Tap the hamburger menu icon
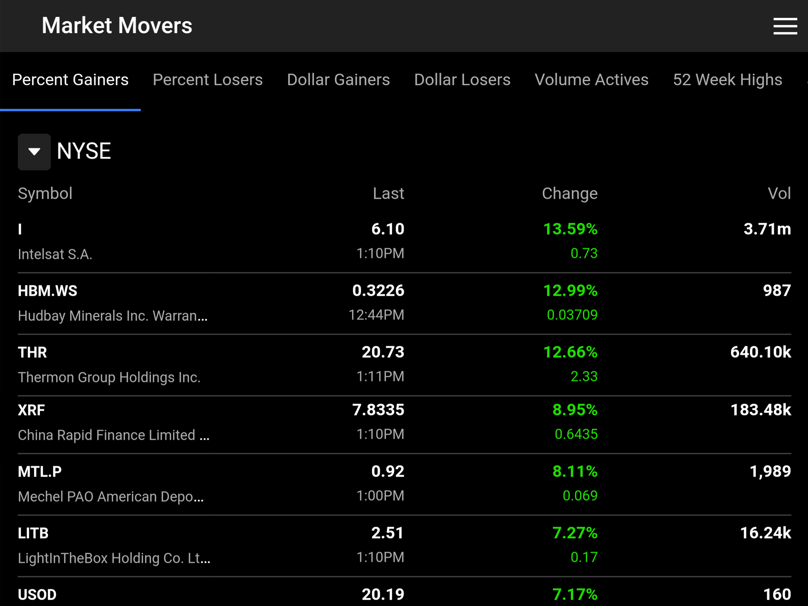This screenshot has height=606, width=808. coord(785,26)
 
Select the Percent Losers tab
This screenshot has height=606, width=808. coord(208,80)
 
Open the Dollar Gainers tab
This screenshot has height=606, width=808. coord(338,80)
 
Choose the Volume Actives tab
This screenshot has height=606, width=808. coord(591,80)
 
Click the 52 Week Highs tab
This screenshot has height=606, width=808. coord(727,80)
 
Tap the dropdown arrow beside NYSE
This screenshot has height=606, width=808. coord(34,151)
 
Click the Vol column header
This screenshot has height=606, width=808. coord(779,193)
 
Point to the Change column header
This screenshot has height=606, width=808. coord(569,193)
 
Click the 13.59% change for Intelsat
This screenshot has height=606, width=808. coord(570,229)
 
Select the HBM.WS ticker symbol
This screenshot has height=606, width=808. coord(48,291)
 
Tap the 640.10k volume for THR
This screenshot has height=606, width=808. coord(760,352)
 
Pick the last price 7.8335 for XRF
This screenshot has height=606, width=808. coord(378,410)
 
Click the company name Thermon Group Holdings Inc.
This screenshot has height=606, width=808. coord(109,377)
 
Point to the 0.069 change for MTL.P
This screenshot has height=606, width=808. coord(580,496)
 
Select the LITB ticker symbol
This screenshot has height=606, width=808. coord(33,533)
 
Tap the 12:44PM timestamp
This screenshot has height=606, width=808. coord(376,315)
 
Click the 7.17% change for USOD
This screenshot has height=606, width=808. coord(574,594)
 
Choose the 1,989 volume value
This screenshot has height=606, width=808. coord(770,471)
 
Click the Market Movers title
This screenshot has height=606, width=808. coord(117,26)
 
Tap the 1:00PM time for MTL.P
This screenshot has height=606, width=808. coord(380,496)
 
